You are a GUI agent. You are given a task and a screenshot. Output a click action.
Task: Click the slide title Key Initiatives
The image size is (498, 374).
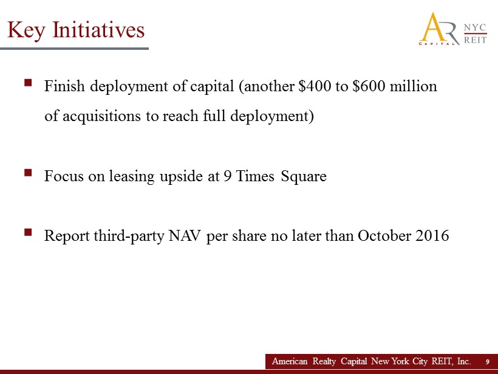pyautogui.click(x=76, y=30)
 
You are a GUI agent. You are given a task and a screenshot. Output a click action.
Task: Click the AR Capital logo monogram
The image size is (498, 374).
pyautogui.click(x=439, y=29)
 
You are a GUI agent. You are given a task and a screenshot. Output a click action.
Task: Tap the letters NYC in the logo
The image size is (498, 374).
pyautogui.click(x=475, y=27)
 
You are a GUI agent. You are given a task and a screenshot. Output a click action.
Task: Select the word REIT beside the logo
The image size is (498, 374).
pyautogui.click(x=475, y=40)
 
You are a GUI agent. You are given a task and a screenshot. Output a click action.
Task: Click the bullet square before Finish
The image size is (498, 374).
pyautogui.click(x=28, y=83)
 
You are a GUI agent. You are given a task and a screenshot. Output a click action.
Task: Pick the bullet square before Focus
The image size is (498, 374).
pyautogui.click(x=28, y=172)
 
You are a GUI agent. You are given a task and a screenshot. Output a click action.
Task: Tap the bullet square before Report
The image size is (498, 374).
pyautogui.click(x=28, y=232)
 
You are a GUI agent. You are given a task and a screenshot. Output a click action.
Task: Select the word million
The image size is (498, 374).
pyautogui.click(x=414, y=86)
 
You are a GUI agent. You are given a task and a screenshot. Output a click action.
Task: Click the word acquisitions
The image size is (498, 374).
pyautogui.click(x=101, y=116)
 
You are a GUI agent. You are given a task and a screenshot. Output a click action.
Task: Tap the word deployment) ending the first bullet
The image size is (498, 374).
pyautogui.click(x=272, y=116)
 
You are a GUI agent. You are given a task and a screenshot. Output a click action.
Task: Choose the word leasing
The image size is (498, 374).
pyautogui.click(x=132, y=176)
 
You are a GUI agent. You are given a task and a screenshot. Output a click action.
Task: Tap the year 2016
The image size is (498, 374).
pyautogui.click(x=432, y=236)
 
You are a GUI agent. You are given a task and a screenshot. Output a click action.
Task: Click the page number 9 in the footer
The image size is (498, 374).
pyautogui.click(x=488, y=362)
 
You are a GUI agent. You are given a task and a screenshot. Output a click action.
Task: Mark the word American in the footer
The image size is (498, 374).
pyautogui.click(x=290, y=361)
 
